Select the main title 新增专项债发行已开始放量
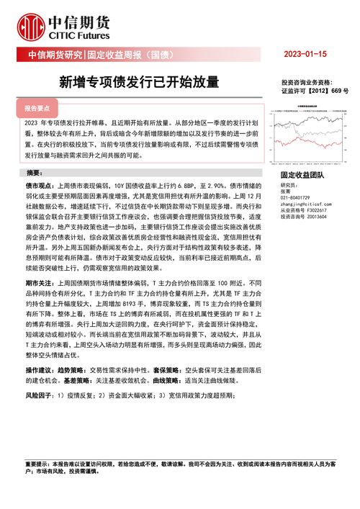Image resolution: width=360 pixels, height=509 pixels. (139, 81)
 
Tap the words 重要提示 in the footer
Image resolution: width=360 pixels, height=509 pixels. (37, 464)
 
